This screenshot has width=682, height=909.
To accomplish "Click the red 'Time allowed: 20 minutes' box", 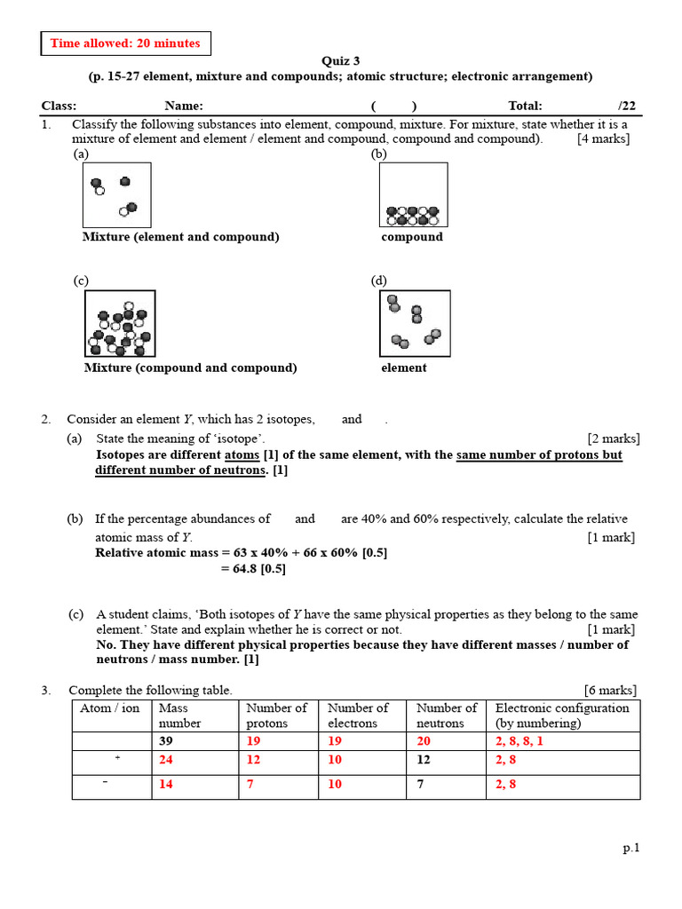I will [x=125, y=43].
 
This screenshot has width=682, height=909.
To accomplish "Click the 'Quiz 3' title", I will [x=340, y=61].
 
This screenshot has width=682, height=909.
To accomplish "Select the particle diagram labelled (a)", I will [x=116, y=195].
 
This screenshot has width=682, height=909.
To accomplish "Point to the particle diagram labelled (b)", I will [x=413, y=195].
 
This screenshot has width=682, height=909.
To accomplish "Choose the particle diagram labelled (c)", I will [x=120, y=324].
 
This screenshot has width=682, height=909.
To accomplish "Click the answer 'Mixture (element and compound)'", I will [x=181, y=237].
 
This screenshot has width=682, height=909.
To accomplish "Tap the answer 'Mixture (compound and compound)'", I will [x=190, y=368].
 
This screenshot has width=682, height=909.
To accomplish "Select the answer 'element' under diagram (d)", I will [x=404, y=368].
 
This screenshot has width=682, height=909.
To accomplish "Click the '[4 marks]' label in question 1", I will [x=603, y=139].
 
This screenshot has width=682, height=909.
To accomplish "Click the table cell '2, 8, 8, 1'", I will [x=519, y=741].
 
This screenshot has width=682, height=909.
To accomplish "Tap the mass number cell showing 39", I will [x=166, y=741].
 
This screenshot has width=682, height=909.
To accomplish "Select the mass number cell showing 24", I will [x=166, y=761].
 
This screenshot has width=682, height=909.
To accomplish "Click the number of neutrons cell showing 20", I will [x=424, y=741].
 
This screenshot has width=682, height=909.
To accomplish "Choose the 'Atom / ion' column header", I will [x=111, y=708].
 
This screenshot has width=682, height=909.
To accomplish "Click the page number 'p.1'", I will [x=630, y=848].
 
